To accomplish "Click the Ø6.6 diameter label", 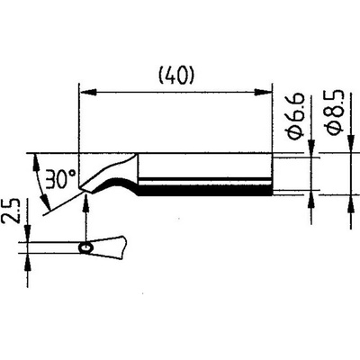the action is (x=295, y=117).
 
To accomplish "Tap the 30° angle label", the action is (x=60, y=179).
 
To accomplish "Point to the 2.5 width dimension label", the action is (x=10, y=210).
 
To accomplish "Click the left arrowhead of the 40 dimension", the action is (x=87, y=92).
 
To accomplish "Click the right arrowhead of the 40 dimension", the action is (x=263, y=92).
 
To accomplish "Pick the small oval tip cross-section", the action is (x=86, y=248).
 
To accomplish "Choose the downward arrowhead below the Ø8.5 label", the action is (x=350, y=145).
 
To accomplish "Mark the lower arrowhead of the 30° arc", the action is (x=46, y=201).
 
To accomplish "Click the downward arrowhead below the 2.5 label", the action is (x=28, y=234).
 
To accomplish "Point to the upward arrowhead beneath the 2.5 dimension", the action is (x=28, y=262).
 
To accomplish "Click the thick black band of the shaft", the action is (x=205, y=190).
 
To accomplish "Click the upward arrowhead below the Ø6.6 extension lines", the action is (x=311, y=199).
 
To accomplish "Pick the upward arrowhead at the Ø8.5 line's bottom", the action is (x=350, y=203).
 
